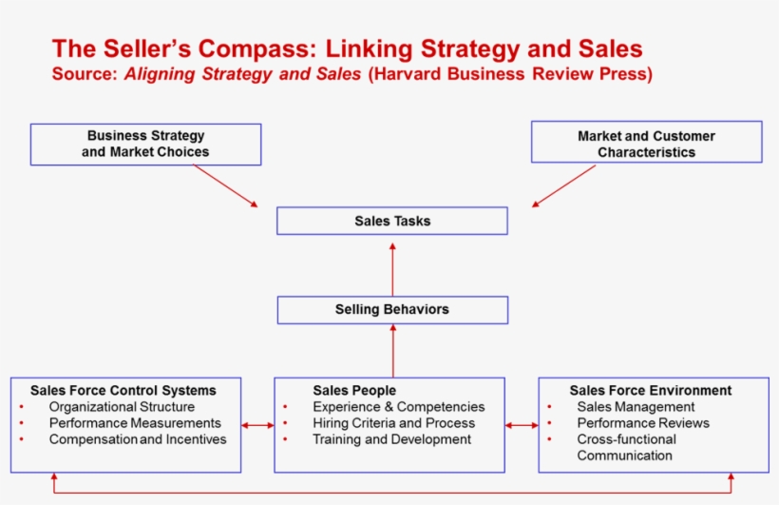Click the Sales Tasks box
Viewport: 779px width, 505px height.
(391, 221)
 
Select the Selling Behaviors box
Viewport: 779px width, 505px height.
(391, 309)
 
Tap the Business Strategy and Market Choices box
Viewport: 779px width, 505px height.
(145, 144)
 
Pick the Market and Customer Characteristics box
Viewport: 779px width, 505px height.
(646, 144)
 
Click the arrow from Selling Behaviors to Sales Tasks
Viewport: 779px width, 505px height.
(392, 269)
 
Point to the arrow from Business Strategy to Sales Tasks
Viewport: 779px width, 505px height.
(225, 185)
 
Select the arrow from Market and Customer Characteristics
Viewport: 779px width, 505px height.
(564, 185)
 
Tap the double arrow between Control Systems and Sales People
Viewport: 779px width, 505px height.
(257, 425)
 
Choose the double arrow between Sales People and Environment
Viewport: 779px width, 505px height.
(522, 425)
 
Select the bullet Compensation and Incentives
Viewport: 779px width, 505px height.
(138, 439)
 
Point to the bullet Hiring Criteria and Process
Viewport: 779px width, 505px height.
(393, 423)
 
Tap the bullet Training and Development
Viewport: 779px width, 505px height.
(391, 439)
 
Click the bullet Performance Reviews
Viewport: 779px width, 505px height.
(642, 423)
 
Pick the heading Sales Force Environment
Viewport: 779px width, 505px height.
(650, 390)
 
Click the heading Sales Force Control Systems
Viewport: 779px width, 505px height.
(123, 390)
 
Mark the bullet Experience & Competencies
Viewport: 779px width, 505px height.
(398, 407)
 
